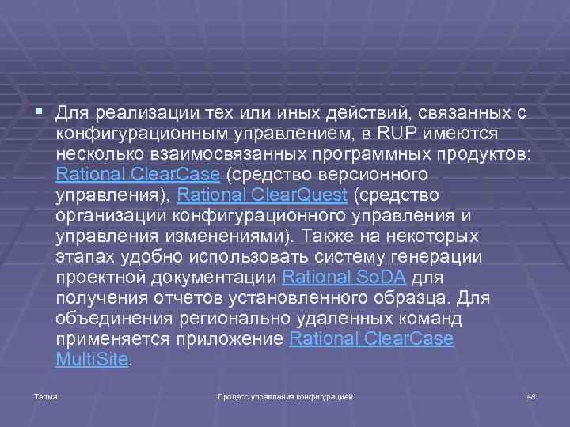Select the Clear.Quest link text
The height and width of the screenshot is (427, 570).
(x=302, y=195)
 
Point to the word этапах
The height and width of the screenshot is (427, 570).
(x=83, y=256)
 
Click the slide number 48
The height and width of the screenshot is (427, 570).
(x=531, y=395)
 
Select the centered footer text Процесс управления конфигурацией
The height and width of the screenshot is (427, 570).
(x=285, y=395)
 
